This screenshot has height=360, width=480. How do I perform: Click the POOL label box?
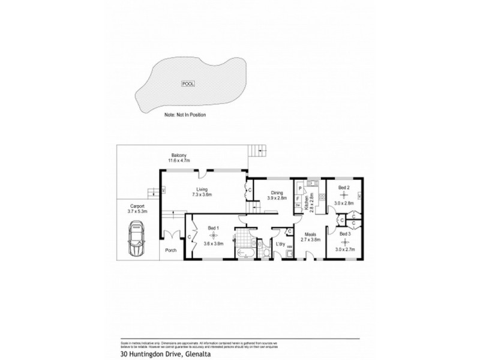coord(187,84)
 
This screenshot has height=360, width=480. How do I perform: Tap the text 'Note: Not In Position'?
coord(185,114)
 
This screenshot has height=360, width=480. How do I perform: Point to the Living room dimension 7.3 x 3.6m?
coord(202,195)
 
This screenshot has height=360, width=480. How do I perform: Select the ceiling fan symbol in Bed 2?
coord(343,195)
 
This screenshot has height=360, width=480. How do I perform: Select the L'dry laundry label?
coord(279,244)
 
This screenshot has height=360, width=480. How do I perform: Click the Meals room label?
coord(311,234)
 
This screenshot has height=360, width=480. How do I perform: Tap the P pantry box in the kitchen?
coord(298,188)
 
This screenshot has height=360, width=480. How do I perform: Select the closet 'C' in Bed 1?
coord(190,238)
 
